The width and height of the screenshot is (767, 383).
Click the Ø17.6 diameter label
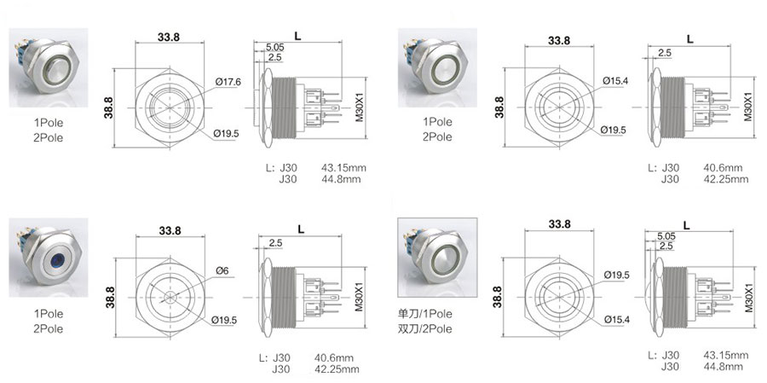coord(228,82)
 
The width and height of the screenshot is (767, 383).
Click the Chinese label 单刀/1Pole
coord(425,313)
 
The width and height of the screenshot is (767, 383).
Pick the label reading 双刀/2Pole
coord(425,329)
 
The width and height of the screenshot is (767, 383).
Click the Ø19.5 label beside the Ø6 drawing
coord(224,321)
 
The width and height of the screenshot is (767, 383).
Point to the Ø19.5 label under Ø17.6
coord(227,134)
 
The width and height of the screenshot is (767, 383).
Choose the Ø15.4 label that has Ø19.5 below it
coord(614,81)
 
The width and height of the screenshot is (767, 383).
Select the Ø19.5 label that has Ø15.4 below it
coord(616,276)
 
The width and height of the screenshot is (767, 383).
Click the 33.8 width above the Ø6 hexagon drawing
coord(170,230)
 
